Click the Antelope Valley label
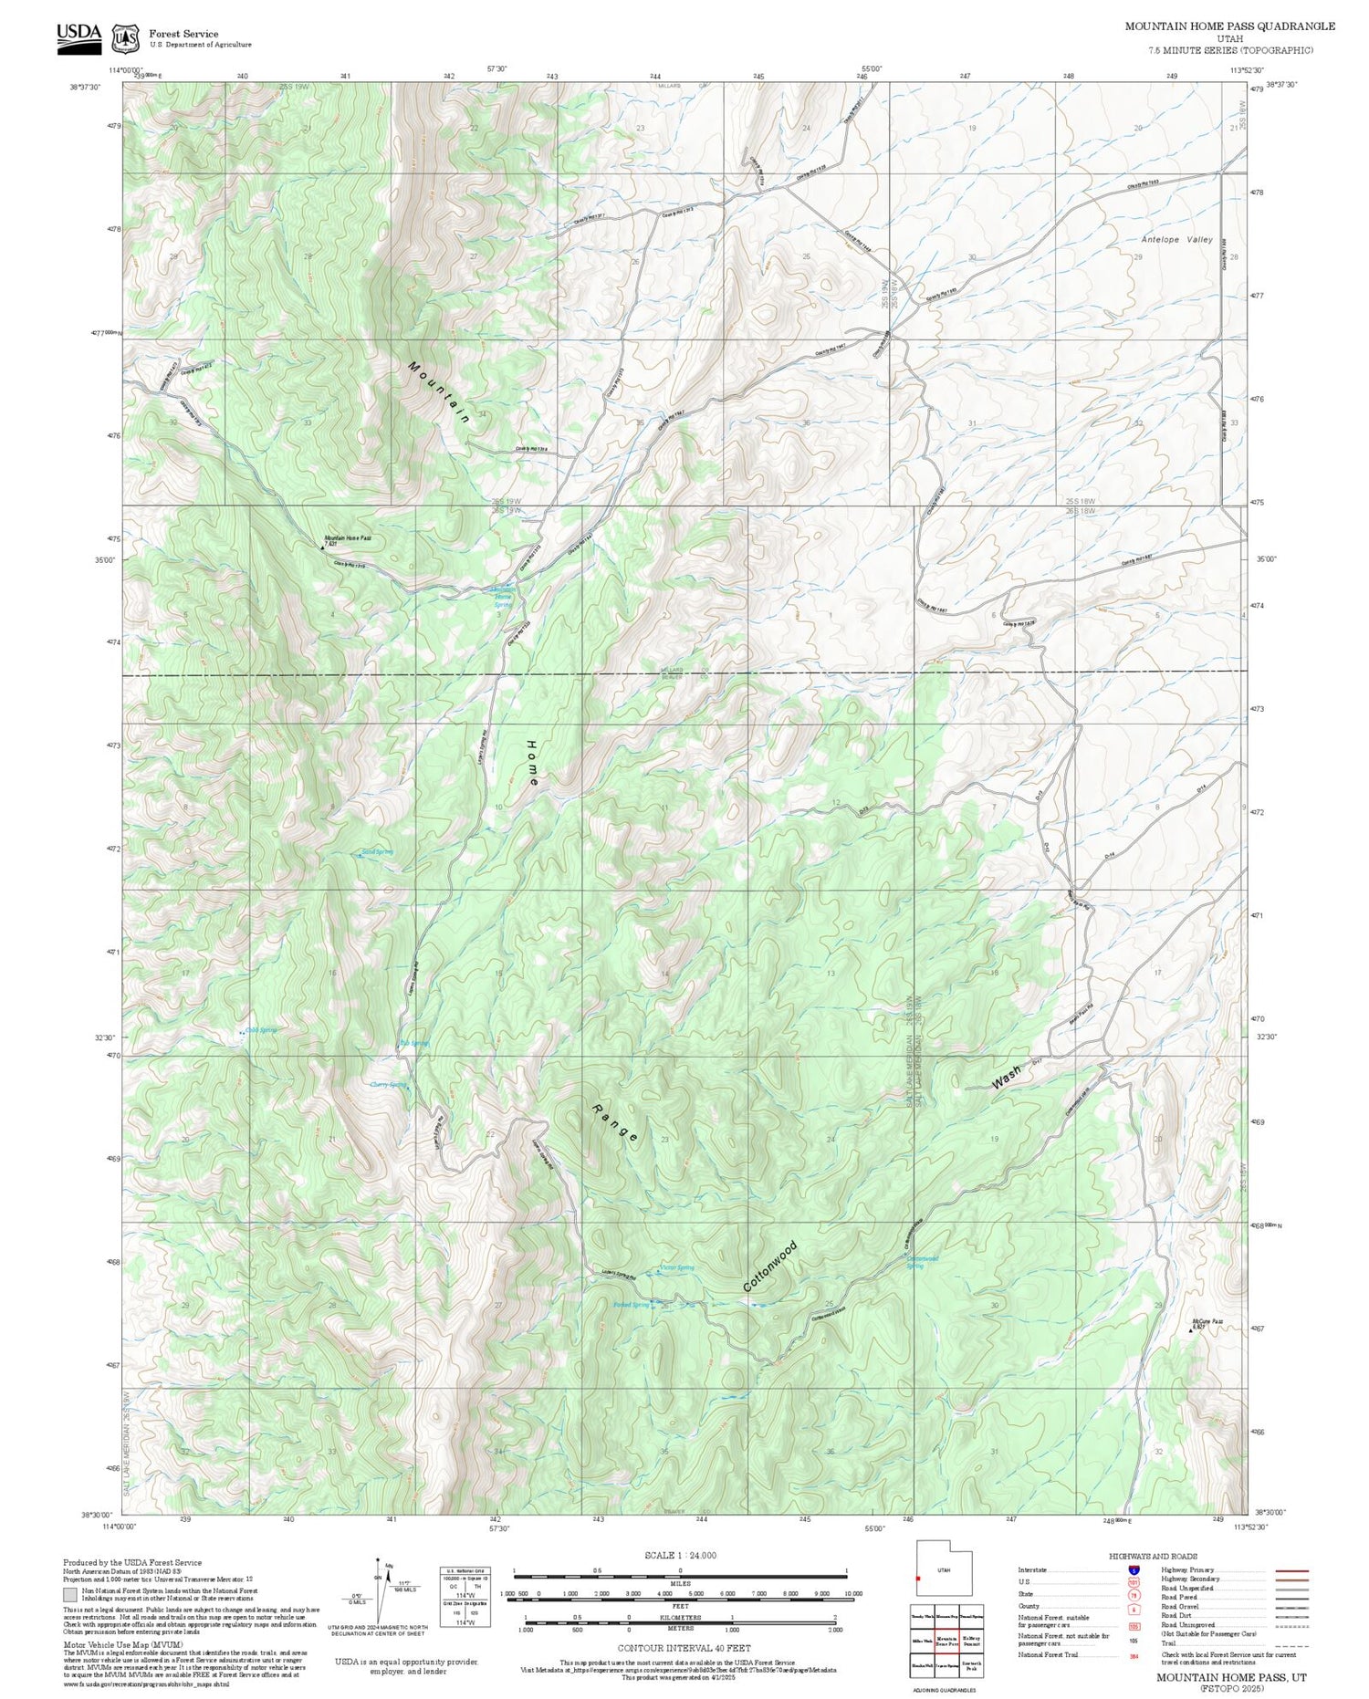[x=1176, y=239]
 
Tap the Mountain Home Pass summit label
[x=348, y=539]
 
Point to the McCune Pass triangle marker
[x=1190, y=1330]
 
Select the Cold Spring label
[x=261, y=1030]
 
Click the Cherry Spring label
[x=388, y=1085]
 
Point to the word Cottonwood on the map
[x=769, y=1266]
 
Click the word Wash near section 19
[x=1006, y=1078]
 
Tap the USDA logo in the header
[x=78, y=36]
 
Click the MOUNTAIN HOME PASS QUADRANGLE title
[x=1228, y=26]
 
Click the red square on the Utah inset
[x=918, y=1579]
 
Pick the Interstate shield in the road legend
[x=1134, y=1569]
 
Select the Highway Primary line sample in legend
[x=1287, y=1571]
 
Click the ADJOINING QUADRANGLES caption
[x=946, y=1690]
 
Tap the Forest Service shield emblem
[x=125, y=38]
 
